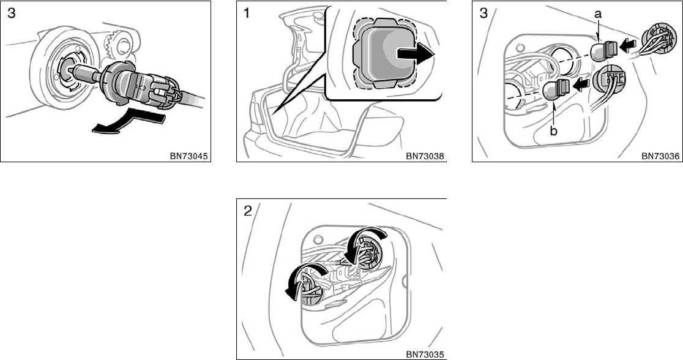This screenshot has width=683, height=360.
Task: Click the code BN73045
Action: click(190, 156)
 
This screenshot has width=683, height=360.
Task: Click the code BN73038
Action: click(425, 156)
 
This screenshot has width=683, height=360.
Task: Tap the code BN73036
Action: click(661, 156)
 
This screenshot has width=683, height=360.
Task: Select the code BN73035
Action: click(425, 354)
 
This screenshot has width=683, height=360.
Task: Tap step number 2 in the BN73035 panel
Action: click(247, 212)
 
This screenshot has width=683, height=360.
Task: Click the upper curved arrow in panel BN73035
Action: click(365, 239)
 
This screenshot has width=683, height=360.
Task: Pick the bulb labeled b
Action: click(554, 89)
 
